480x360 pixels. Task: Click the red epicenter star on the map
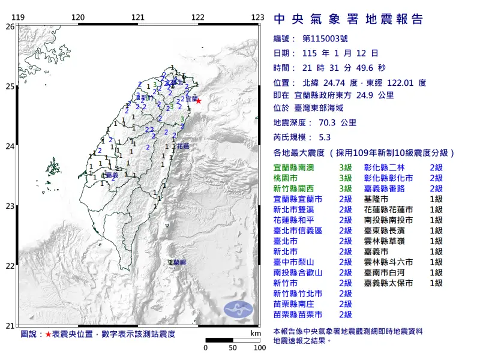point(199,101)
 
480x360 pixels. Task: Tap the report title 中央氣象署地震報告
point(349,19)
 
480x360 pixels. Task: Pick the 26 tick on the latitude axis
point(9,26)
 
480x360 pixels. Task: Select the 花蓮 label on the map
point(183,146)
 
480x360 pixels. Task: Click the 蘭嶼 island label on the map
point(177,263)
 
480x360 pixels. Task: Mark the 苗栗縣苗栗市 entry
point(298,314)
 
